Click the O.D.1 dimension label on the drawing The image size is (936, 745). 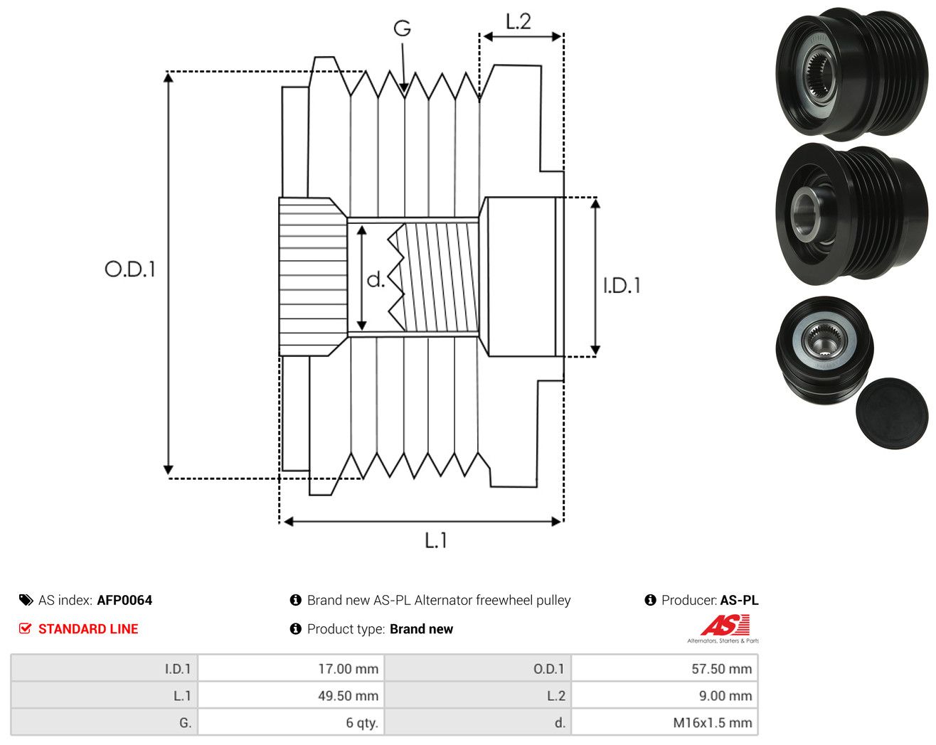[x=129, y=269]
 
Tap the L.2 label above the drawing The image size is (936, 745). [x=518, y=21]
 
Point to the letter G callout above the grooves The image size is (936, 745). [x=402, y=28]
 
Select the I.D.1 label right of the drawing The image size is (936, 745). [x=622, y=286]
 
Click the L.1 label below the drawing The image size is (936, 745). [x=435, y=540]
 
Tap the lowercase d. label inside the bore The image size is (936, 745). [x=376, y=279]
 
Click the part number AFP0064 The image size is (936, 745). [x=124, y=600]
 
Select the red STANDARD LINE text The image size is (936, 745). [x=88, y=629]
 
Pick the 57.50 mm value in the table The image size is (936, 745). [x=722, y=669]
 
